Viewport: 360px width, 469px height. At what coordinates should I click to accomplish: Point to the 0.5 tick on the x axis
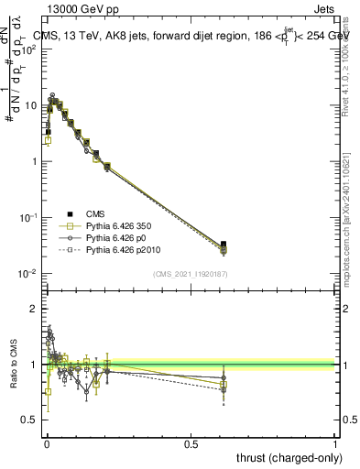pos(191,443)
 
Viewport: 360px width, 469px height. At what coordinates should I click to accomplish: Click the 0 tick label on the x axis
pos(46,443)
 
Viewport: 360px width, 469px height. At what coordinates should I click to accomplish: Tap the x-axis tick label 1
pos(335,443)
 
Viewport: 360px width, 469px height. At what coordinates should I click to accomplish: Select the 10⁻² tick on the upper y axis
pos(29,274)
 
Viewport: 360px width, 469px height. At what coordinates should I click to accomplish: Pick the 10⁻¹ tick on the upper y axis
pos(29,218)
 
